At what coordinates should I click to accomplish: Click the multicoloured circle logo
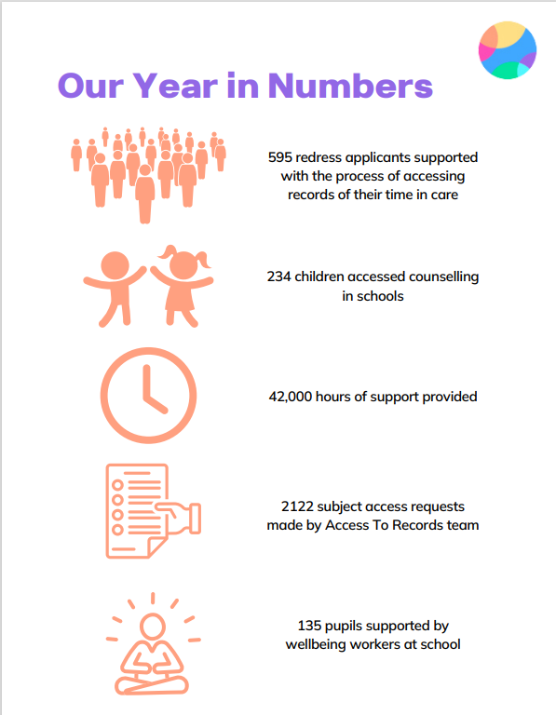pos(507,49)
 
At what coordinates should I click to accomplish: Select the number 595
pos(279,157)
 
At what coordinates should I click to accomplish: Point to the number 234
pos(279,277)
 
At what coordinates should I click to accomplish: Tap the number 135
pos(310,626)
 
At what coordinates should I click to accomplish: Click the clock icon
pos(147,395)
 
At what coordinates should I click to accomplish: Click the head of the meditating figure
pos(150,625)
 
